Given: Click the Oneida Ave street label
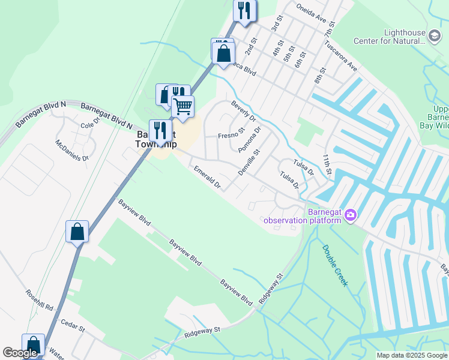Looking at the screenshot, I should pyautogui.click(x=311, y=10).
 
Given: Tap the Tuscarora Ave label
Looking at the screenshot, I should pyautogui.click(x=340, y=56).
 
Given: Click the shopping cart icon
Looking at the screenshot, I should pyautogui.click(x=183, y=107).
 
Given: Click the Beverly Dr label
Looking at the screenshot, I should pyautogui.click(x=244, y=110).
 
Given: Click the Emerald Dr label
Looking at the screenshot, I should pyautogui.click(x=208, y=179).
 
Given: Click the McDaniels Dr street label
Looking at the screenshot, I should pyautogui.click(x=72, y=150).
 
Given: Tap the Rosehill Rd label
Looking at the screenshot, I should pyautogui.click(x=40, y=299).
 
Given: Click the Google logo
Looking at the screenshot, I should pyautogui.click(x=20, y=353).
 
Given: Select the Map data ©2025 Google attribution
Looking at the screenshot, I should pyautogui.click(x=411, y=355).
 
